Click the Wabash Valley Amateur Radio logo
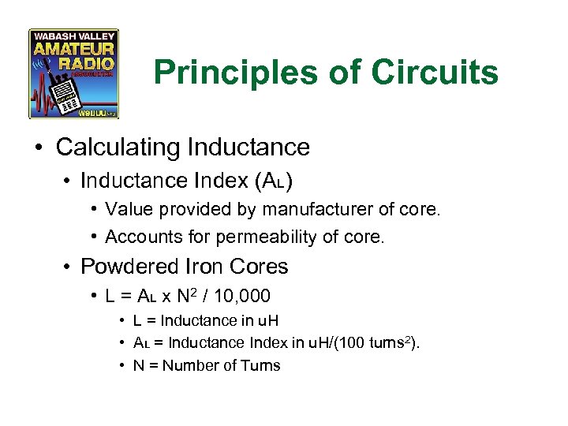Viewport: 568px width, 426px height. pos(73,74)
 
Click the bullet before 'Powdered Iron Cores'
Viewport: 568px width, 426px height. pos(68,267)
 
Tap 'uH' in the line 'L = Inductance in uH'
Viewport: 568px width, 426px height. pos(268,320)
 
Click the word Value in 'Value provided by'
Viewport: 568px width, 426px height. pos(125,210)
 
